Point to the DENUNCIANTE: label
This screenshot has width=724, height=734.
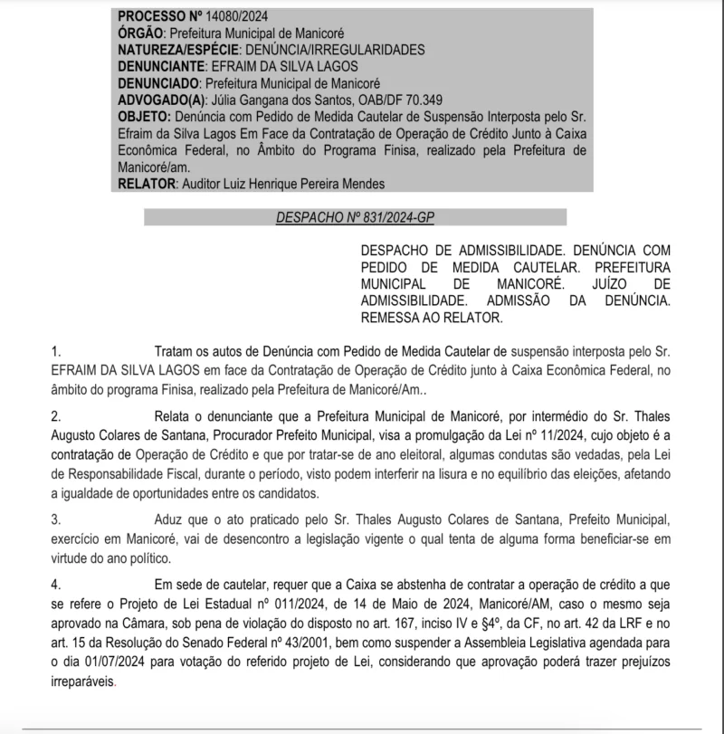161,66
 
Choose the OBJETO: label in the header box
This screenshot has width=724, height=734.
144,117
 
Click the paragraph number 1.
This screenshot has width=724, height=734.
56,350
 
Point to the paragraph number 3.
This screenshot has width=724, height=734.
56,520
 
